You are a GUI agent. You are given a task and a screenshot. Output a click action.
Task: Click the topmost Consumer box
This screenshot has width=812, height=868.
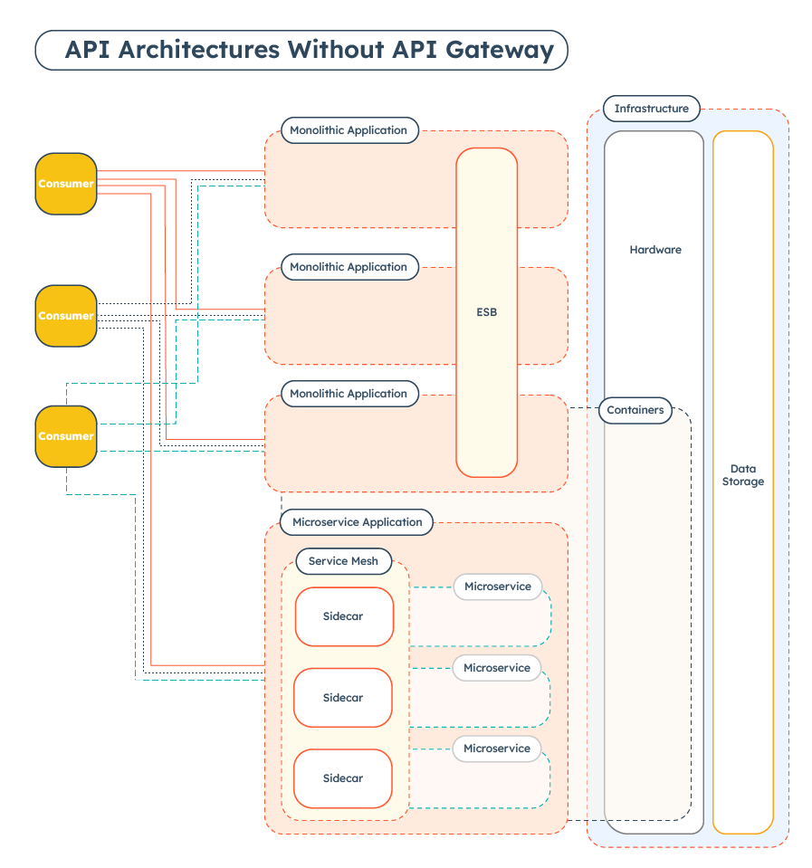pos(66,184)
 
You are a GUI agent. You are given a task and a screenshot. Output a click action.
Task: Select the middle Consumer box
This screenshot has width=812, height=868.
pos(66,316)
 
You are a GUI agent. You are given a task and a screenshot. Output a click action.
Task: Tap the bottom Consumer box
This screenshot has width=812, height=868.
pos(66,436)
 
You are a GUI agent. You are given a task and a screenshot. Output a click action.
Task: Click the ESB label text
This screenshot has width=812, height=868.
pos(486,312)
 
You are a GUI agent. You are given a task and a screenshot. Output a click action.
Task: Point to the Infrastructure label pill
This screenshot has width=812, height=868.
pos(651,109)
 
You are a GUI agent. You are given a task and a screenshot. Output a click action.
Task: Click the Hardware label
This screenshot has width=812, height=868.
pos(654,250)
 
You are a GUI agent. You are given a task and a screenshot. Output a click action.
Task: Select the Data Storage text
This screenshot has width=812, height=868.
pos(742,475)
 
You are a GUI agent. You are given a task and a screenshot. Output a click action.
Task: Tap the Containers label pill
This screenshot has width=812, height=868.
pos(635,410)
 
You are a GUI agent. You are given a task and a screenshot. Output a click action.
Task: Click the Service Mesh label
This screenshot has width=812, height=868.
pos(343,561)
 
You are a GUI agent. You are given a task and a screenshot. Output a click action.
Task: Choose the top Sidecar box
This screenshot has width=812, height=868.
pos(344,616)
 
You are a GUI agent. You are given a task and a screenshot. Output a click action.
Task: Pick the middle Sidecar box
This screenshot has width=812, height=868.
pos(343,698)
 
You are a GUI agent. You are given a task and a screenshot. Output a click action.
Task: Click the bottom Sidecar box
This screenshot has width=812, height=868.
pos(343,778)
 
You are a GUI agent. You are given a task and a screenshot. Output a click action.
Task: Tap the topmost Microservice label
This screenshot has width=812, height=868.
pos(497,587)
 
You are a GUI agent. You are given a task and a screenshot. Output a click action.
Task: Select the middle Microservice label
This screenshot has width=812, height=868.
pos(497,668)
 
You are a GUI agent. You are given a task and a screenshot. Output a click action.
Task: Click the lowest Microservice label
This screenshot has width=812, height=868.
pos(497,749)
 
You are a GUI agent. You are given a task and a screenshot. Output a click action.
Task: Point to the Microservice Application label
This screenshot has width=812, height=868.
pos(358,522)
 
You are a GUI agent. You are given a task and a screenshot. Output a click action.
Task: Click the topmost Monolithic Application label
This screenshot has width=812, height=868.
pos(349,130)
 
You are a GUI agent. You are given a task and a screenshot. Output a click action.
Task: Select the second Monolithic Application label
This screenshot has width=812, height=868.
pos(349,267)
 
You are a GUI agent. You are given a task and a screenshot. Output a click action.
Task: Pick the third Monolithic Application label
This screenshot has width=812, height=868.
pos(349,394)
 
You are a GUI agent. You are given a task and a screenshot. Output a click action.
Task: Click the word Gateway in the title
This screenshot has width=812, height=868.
pos(505,50)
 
